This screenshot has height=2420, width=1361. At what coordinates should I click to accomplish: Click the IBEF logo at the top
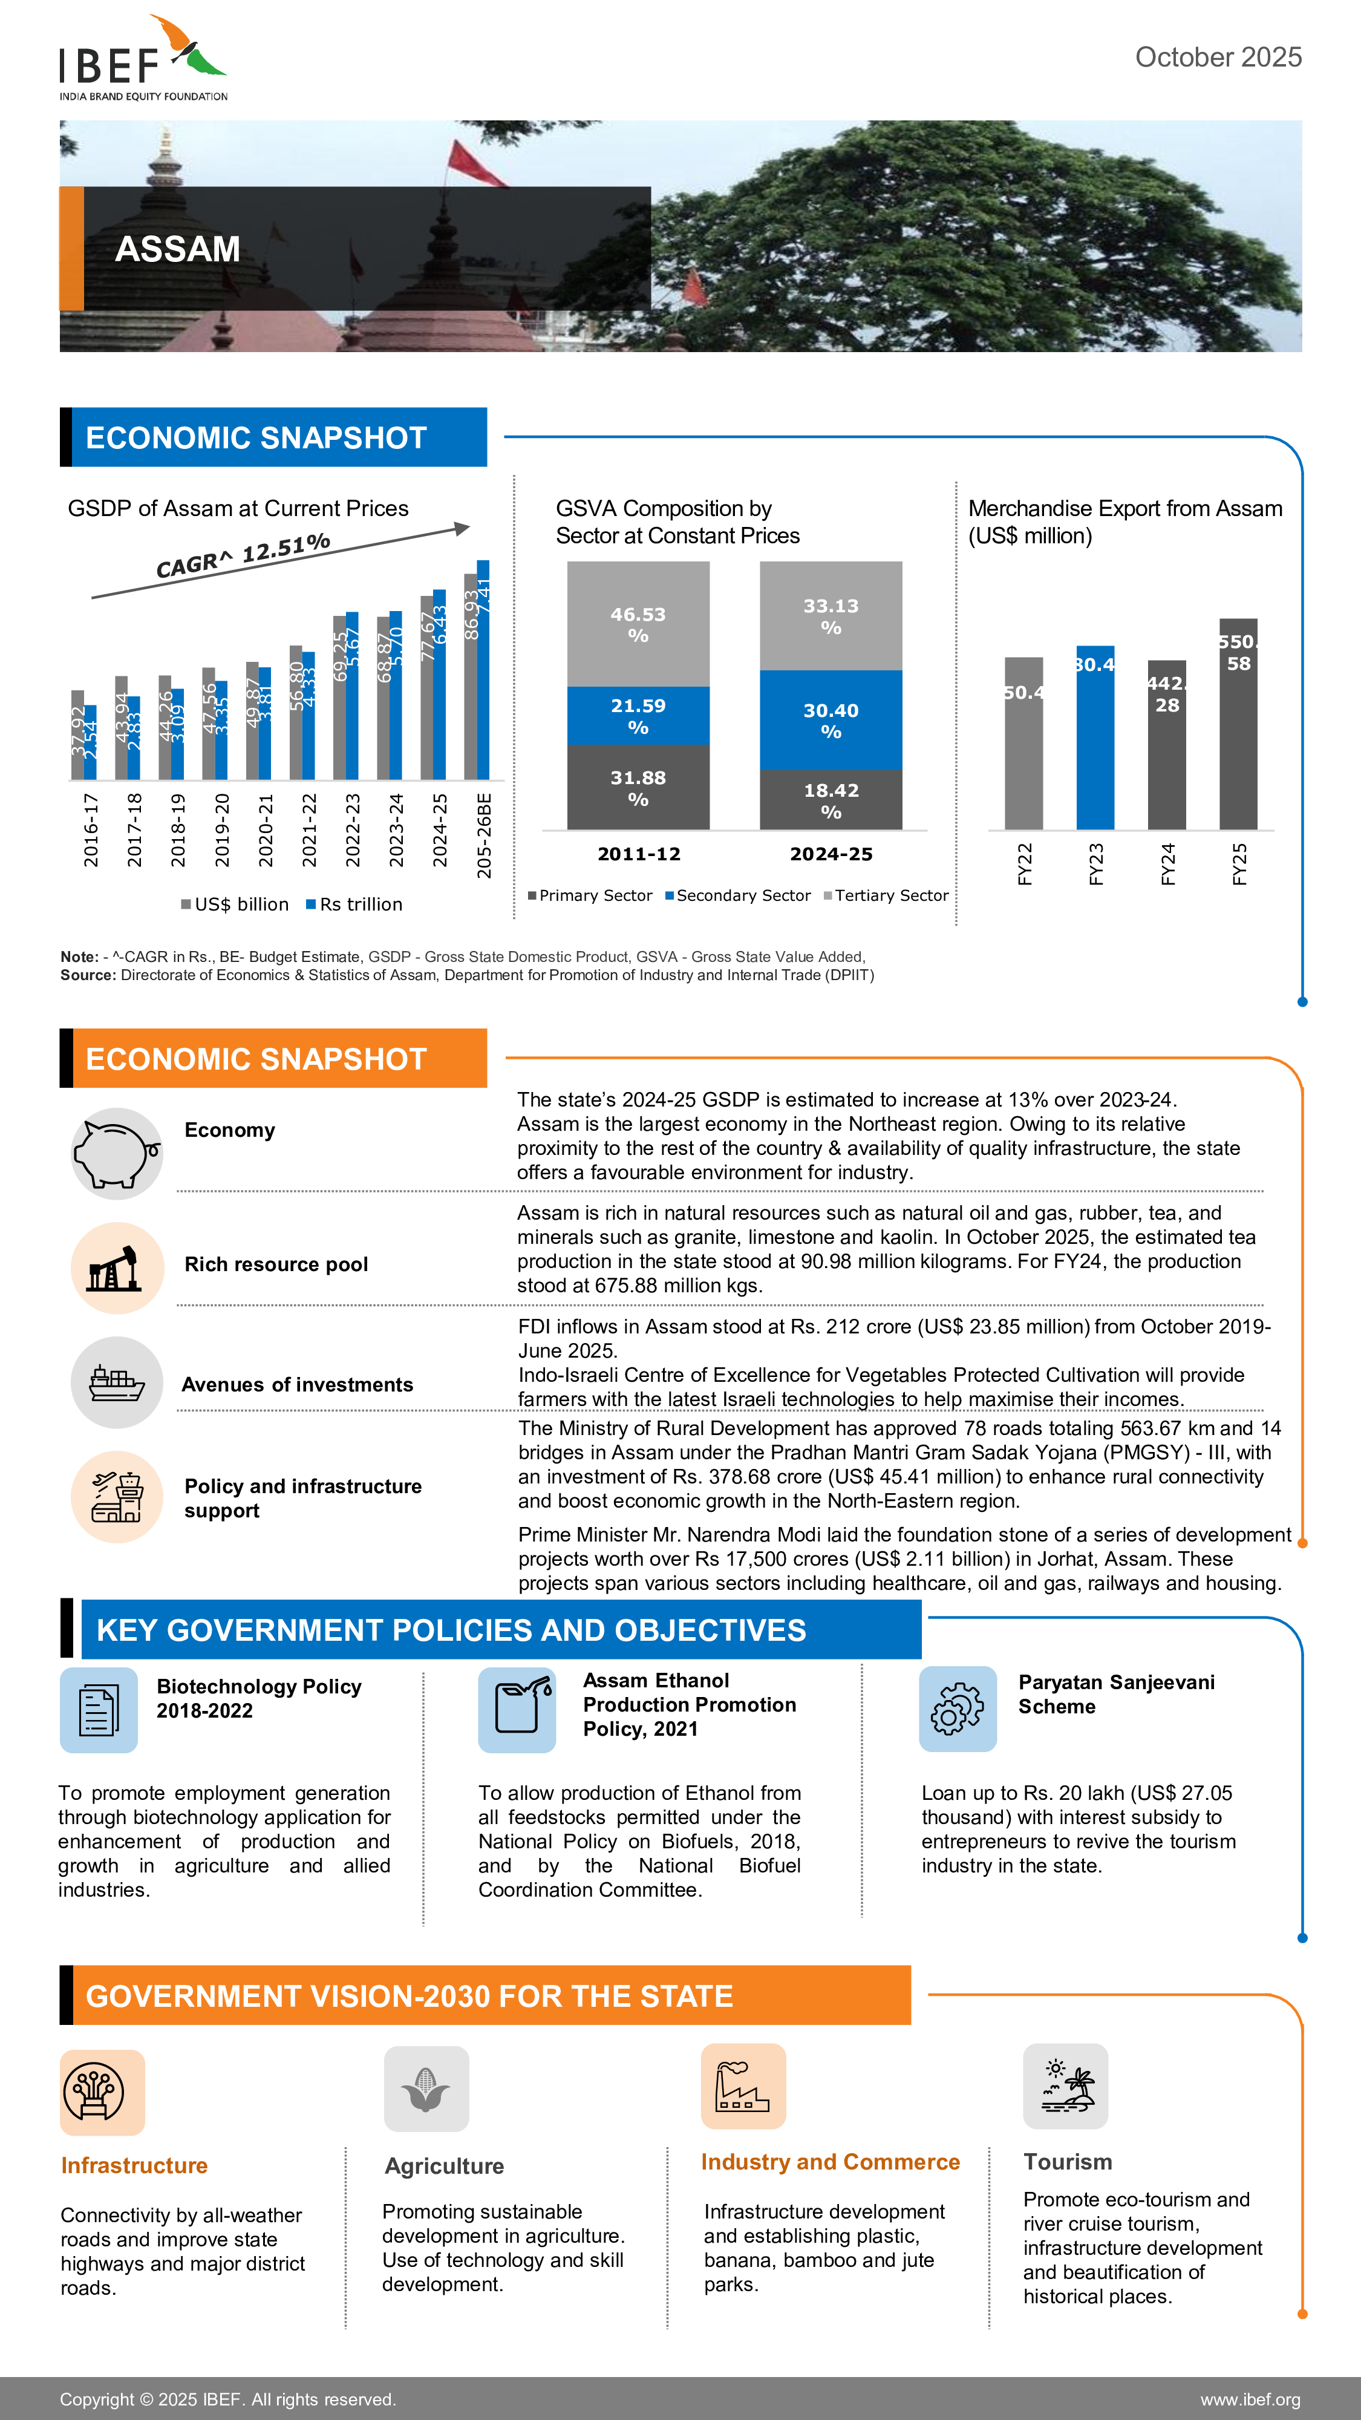coord(143,58)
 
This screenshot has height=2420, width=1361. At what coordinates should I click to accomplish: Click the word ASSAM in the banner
coord(177,249)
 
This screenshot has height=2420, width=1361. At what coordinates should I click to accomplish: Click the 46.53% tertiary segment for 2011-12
coord(638,624)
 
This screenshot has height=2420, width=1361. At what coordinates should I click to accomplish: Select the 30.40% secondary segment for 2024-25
coord(831,719)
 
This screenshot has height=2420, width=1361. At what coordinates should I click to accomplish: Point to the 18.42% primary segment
coord(831,799)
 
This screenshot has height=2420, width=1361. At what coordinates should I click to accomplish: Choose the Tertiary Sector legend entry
coord(886,895)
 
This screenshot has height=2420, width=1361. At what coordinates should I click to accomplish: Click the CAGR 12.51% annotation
coord(243,554)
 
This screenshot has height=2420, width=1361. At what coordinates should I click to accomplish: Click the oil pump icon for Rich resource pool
coord(117,1267)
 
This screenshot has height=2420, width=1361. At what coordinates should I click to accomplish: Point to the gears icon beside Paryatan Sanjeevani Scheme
coord(957,1709)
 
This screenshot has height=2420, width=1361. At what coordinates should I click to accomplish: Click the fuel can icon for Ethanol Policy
coord(517,1709)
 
